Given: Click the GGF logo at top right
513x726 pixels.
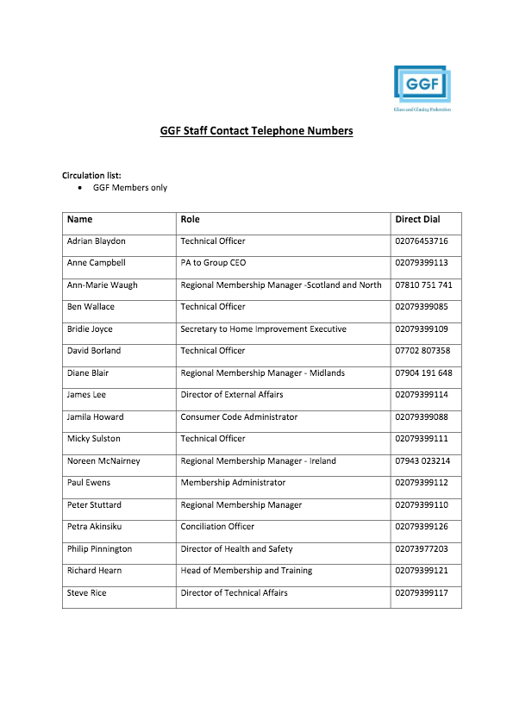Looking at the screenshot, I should pyautogui.click(x=422, y=86).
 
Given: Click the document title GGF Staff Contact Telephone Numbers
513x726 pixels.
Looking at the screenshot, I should pyautogui.click(x=256, y=131).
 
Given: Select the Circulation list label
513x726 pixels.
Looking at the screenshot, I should pyautogui.click(x=91, y=175).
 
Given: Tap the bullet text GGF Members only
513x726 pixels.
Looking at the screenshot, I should pyautogui.click(x=130, y=187).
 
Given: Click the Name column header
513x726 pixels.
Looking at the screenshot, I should pyautogui.click(x=79, y=220).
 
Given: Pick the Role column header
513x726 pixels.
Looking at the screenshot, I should pyautogui.click(x=190, y=220).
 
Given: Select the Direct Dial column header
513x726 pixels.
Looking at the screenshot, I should pyautogui.click(x=417, y=220).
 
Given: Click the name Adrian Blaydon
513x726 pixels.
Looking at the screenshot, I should pyautogui.click(x=96, y=241).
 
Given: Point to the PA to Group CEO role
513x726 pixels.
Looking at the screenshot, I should pyautogui.click(x=214, y=263).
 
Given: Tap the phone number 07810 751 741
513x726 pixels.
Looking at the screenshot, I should pyautogui.click(x=423, y=285).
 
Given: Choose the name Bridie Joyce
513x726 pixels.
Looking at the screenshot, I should pyautogui.click(x=90, y=329).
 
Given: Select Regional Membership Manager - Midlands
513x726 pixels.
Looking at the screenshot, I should pyautogui.click(x=262, y=373).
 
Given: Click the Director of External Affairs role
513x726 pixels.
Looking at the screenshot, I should pyautogui.click(x=231, y=395).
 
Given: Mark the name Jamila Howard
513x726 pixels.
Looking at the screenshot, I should pyautogui.click(x=95, y=417).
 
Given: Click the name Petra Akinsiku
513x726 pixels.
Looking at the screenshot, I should pyautogui.click(x=94, y=527).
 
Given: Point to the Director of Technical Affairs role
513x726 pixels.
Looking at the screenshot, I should pyautogui.click(x=234, y=593).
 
